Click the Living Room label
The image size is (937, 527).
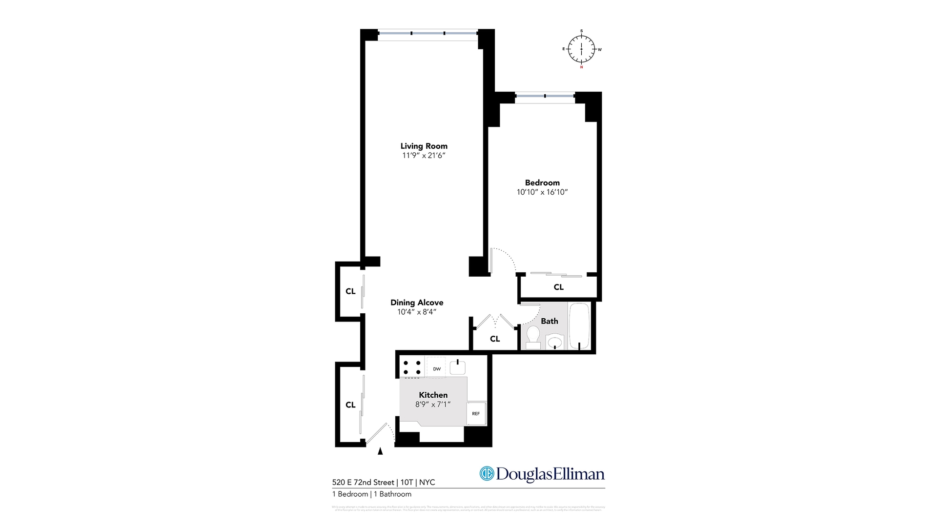pos(424,146)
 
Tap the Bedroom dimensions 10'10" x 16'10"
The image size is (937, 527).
pos(542,192)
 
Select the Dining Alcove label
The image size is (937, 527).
pos(417,303)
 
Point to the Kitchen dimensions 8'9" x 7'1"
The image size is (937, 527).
pos(433,405)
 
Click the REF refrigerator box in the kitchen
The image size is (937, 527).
pos(476,414)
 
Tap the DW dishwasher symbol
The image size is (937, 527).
pos(437,369)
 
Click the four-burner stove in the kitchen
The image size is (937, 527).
pos(412,367)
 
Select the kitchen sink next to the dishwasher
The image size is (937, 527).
pos(458,367)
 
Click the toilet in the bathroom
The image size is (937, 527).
pos(533,337)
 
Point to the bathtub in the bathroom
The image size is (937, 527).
pos(579,326)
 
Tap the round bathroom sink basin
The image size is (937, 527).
pos(554,342)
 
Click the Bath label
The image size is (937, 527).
pos(550,321)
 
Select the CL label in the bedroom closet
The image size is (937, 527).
pos(559,287)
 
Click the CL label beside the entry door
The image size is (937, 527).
pos(350,405)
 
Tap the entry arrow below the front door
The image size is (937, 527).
pos(380,451)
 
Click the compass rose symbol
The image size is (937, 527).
pos(581,49)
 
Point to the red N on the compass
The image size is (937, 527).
pos(581,67)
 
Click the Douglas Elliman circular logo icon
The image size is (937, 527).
pos(487,473)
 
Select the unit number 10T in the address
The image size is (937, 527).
pos(406,483)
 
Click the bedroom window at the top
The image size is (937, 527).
pos(545,96)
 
